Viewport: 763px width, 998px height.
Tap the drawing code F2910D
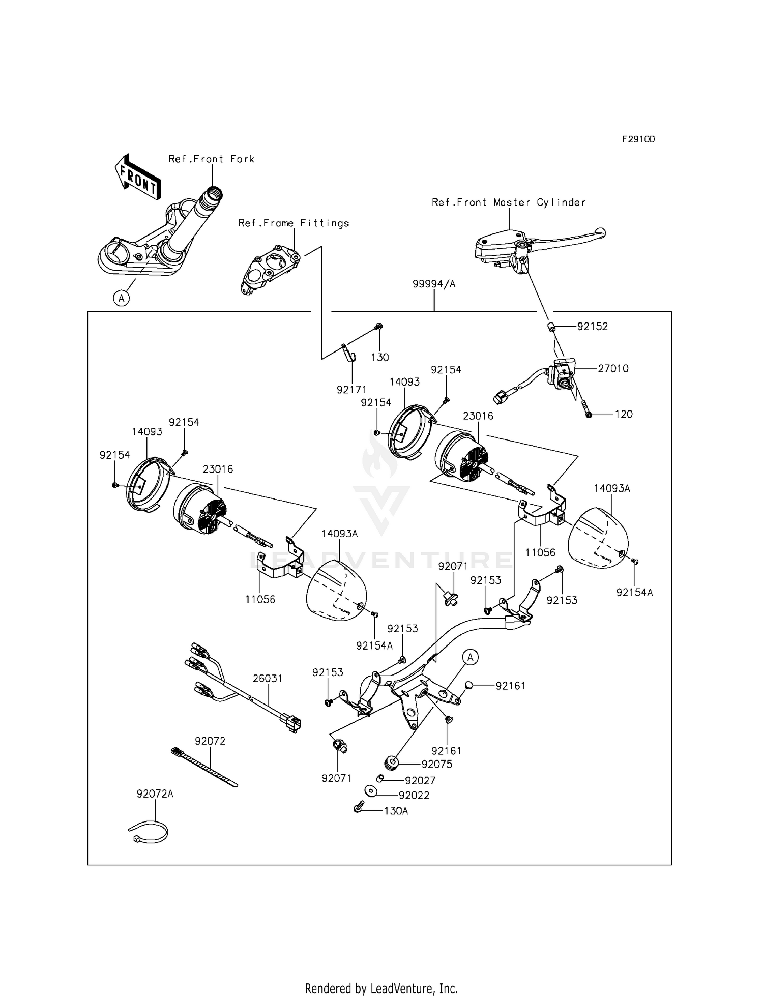pyautogui.click(x=638, y=139)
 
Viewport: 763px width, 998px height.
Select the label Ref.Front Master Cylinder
pyautogui.click(x=509, y=202)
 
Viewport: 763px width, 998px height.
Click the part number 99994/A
pyautogui.click(x=434, y=284)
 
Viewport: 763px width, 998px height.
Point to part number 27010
pyautogui.click(x=613, y=368)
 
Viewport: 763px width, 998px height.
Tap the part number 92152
pyautogui.click(x=592, y=327)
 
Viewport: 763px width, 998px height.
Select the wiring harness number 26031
pyautogui.click(x=268, y=679)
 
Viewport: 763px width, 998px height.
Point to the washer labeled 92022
pyautogui.click(x=370, y=791)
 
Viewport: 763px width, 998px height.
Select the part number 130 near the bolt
pyautogui.click(x=379, y=357)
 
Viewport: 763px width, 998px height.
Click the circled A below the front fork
pyautogui.click(x=121, y=298)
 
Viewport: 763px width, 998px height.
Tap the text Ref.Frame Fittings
pyautogui.click(x=294, y=223)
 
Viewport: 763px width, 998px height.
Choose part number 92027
pyautogui.click(x=420, y=780)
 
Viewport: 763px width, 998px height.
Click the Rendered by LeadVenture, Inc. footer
pyautogui.click(x=381, y=988)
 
